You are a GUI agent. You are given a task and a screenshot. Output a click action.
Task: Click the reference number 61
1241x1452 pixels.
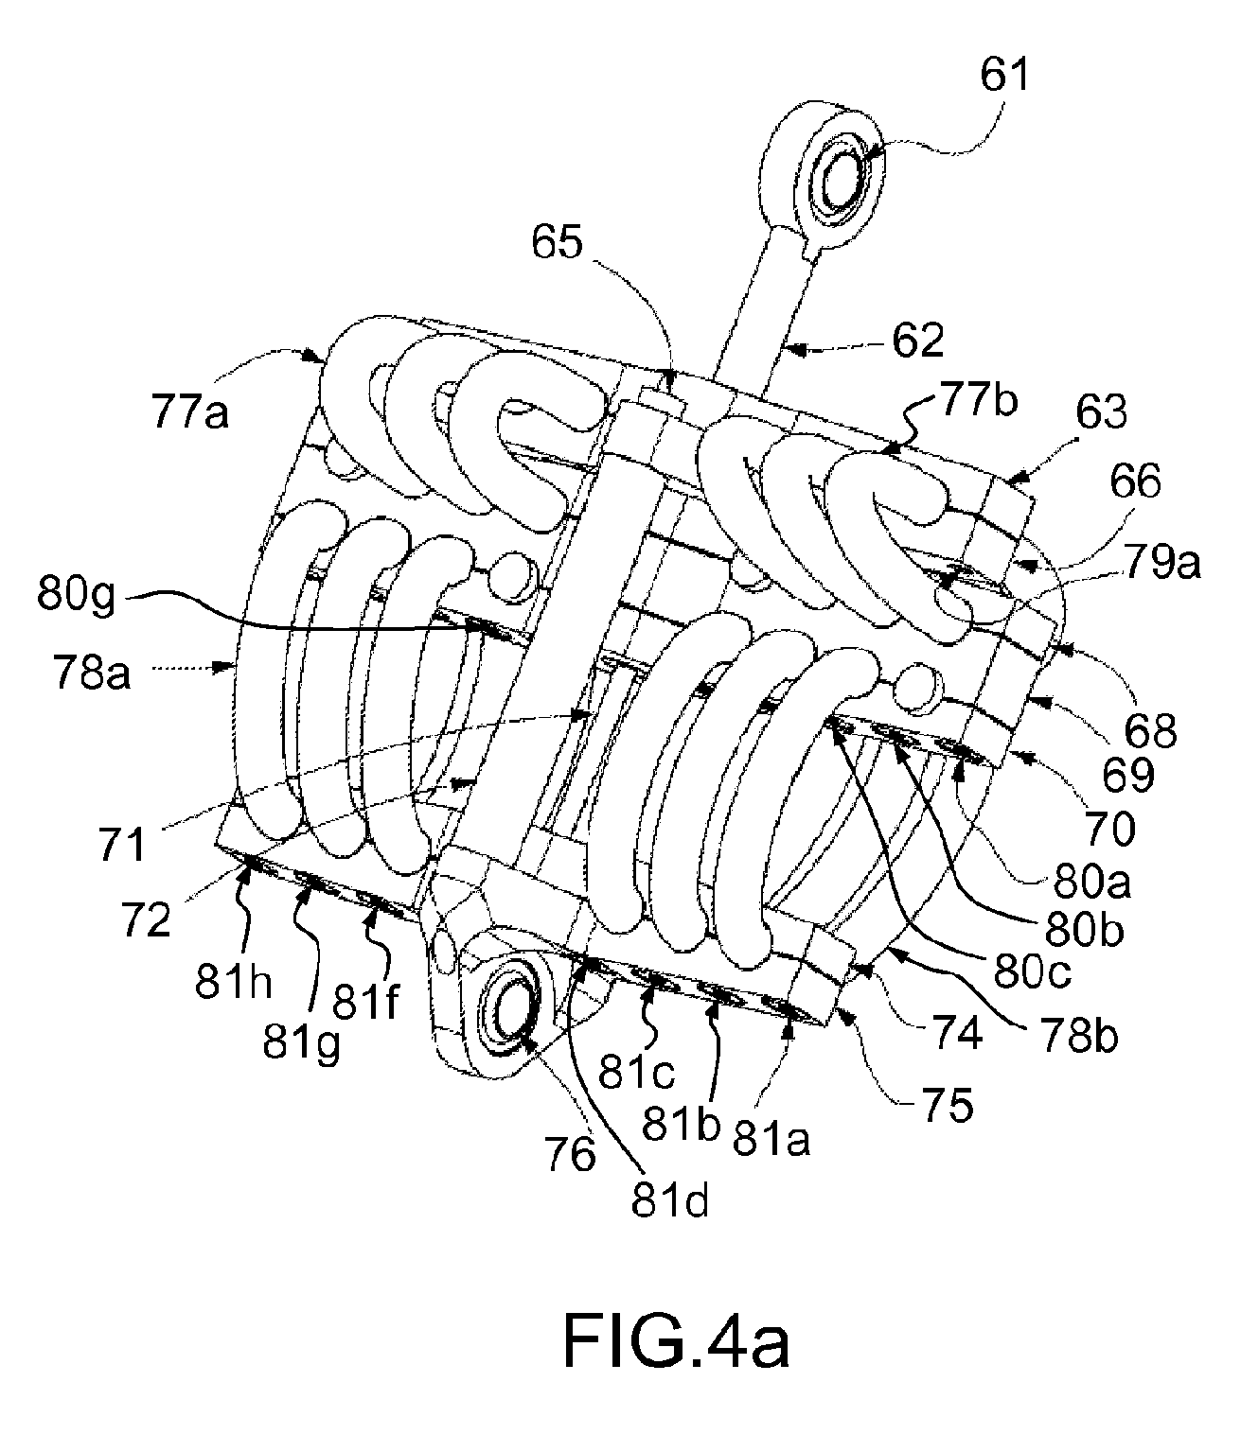1004,76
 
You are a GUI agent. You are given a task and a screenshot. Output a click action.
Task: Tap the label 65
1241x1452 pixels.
557,242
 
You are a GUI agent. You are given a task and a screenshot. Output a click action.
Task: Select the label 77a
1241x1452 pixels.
190,412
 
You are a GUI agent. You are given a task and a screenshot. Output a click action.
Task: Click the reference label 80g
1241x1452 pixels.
76,594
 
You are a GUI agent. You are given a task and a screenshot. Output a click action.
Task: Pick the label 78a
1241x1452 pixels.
92,673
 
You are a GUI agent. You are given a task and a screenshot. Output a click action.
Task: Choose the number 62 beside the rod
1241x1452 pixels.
918,341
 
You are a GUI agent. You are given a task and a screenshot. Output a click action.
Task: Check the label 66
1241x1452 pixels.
1135,481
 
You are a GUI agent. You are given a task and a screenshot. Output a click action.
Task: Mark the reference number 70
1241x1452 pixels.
1110,829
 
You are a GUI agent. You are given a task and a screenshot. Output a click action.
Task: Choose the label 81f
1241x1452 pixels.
365,1000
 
